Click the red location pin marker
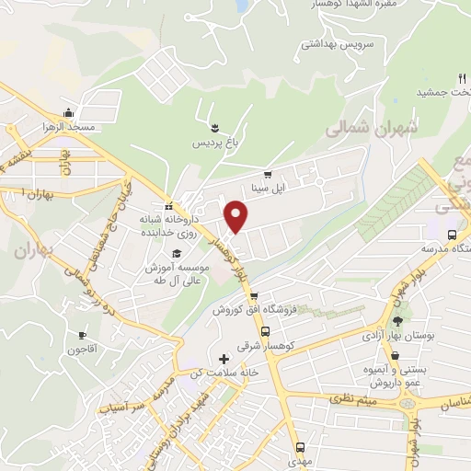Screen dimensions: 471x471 (237, 217)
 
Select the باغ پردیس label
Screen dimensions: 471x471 (214, 144)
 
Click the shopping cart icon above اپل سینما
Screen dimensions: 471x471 (268, 174)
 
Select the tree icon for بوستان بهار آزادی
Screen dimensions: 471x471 (397, 321)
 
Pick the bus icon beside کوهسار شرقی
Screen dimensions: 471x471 (265, 332)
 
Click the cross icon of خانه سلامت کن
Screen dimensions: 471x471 (223, 358)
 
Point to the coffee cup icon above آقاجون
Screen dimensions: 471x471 (81, 336)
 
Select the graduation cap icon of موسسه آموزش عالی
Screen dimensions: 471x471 (176, 252)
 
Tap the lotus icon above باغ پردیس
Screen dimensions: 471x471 (214, 127)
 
